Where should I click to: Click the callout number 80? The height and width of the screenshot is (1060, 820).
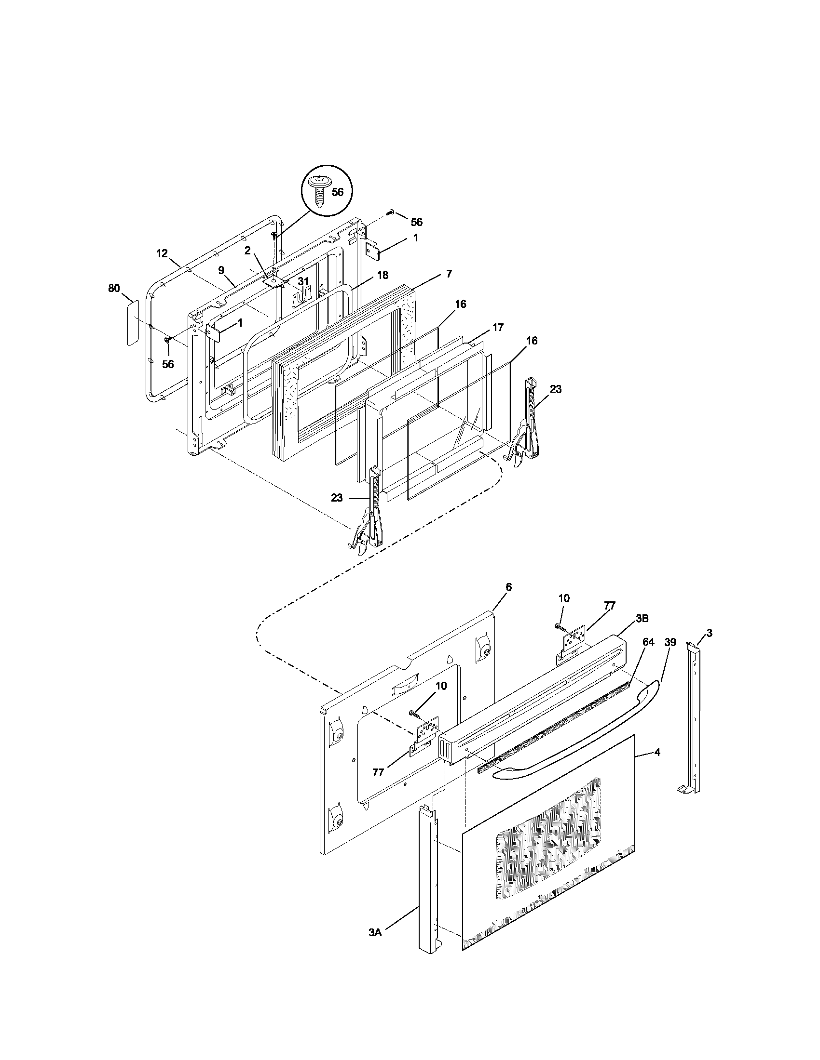[x=114, y=288]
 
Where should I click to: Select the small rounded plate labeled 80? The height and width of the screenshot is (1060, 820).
[x=133, y=323]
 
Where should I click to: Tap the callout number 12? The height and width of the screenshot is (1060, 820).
[x=162, y=253]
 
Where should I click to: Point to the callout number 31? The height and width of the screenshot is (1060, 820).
[x=303, y=281]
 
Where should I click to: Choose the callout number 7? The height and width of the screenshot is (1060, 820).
[x=449, y=274]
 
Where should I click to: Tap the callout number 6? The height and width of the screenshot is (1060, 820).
[x=508, y=587]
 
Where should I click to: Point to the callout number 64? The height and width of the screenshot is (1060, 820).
[x=648, y=642]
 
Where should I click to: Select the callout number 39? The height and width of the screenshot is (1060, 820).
[x=670, y=642]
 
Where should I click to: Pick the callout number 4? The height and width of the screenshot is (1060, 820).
[x=657, y=752]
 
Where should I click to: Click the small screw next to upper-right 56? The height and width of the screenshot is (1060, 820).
[x=391, y=212]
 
